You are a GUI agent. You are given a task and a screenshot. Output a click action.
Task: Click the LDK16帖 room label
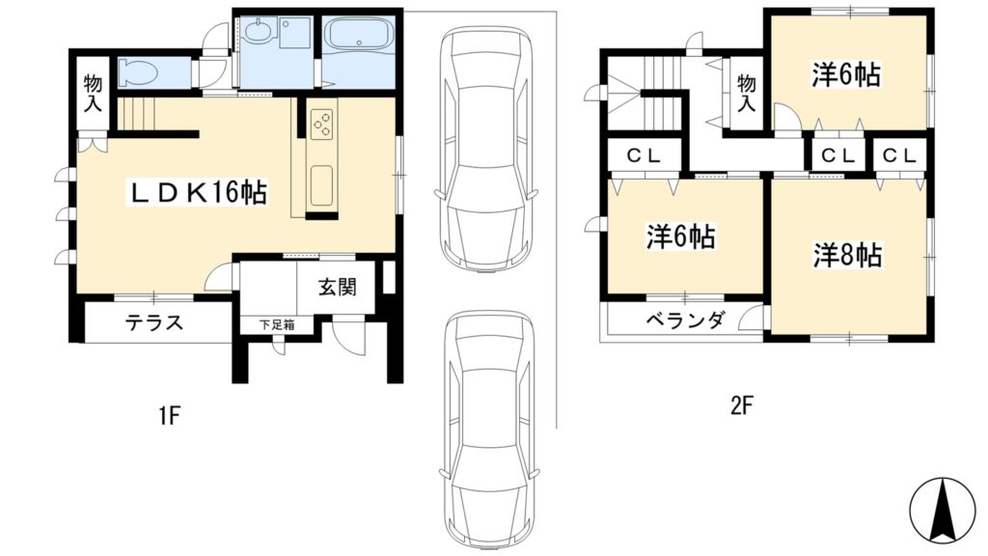pos(199,193)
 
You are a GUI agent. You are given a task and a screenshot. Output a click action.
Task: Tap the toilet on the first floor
pos(142,71)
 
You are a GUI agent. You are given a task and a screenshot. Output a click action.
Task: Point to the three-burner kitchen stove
pos(322,123)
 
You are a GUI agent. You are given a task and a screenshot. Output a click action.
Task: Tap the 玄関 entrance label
pos(338,286)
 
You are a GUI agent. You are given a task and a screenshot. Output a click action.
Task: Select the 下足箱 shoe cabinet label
pos(276,324)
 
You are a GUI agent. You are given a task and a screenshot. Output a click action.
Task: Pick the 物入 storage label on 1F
pos(93,93)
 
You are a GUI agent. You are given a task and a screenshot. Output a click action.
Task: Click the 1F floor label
pos(170,416)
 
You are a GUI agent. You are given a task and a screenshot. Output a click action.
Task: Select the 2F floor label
pos(740,405)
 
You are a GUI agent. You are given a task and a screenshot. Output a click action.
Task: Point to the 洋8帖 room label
pos(846,256)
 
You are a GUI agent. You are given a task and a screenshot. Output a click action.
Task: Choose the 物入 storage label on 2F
pos(746,93)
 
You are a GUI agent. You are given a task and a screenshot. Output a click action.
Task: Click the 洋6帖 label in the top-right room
pos(846,75)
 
